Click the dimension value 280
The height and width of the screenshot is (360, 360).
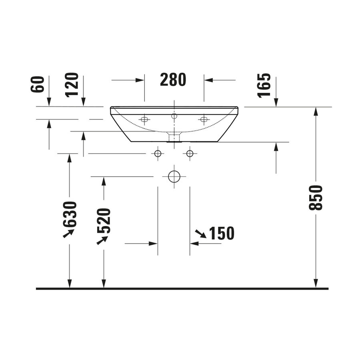point(173,80)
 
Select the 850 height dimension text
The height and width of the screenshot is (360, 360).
point(316,198)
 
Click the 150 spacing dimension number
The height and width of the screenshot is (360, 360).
point(221,234)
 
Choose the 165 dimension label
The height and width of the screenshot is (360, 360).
point(264,85)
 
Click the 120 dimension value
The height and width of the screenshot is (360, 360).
point(72,84)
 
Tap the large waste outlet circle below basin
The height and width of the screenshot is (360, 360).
point(174,176)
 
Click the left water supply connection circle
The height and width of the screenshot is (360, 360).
point(158,154)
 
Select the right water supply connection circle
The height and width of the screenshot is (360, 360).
point(190,154)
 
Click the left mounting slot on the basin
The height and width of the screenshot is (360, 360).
point(144,119)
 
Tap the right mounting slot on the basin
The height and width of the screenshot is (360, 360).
point(204,119)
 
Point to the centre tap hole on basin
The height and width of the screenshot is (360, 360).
point(174,116)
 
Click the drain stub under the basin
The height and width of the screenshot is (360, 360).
point(174,138)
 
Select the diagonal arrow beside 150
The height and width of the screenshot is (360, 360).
point(200,234)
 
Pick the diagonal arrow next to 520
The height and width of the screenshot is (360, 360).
point(102,240)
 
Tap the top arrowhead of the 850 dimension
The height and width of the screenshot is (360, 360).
point(316,111)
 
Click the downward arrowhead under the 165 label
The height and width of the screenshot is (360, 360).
point(276,103)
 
